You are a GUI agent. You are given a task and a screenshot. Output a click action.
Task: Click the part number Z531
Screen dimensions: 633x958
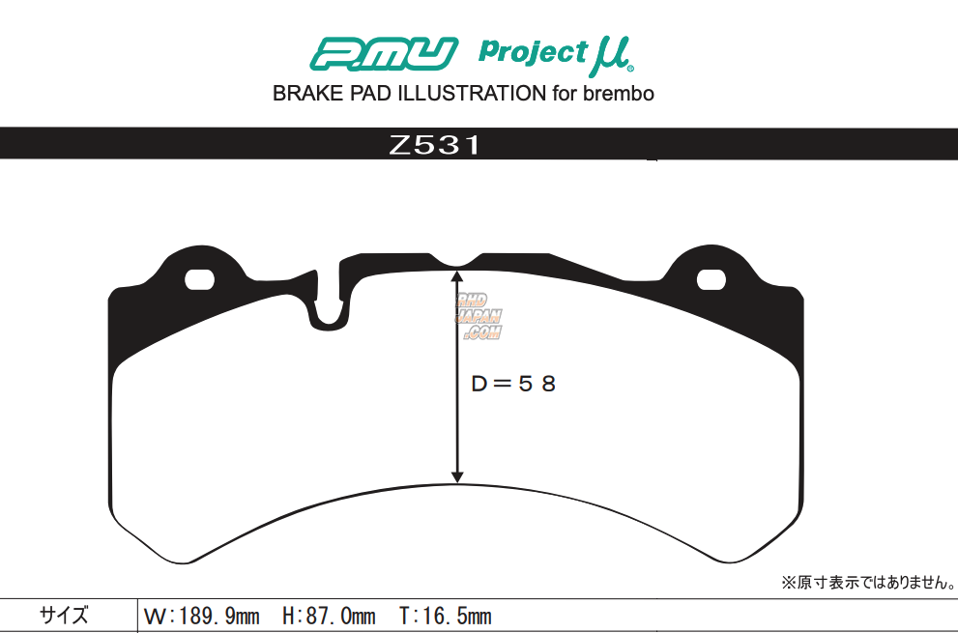pos(434,147)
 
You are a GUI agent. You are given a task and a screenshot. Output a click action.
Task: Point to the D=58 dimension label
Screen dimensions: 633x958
pos(513,384)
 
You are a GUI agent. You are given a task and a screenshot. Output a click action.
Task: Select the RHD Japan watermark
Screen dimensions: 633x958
pos(480,316)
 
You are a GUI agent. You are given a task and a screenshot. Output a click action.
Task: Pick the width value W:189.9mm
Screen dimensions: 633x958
pos(201,617)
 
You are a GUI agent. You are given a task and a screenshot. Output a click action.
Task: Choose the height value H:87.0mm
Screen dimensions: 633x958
pos(329,617)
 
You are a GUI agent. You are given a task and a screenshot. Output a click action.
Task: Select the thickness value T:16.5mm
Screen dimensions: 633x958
pos(445,617)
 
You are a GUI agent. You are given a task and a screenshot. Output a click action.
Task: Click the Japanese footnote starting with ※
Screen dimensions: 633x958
pos(867,584)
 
